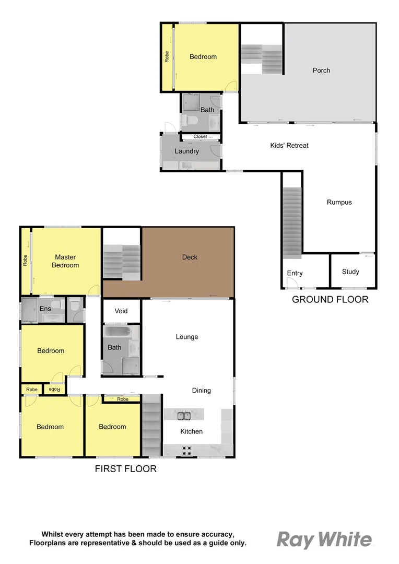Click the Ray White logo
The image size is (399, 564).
[324, 539]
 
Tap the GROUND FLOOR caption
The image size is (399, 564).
[330, 299]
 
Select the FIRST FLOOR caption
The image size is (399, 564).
[125, 468]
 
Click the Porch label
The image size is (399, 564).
[321, 70]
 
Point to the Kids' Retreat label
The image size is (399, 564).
[289, 145]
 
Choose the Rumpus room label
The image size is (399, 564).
[339, 202]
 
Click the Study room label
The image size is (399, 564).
[350, 272]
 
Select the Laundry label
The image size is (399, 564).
[186, 151]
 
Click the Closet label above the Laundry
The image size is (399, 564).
[200, 137]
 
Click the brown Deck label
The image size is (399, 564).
[190, 257]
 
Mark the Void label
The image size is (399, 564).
[121, 311]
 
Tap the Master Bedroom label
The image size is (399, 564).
[66, 261]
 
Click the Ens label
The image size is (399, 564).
[45, 309]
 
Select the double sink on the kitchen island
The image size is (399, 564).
[183, 416]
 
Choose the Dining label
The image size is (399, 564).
[202, 390]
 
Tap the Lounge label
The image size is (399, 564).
[187, 337]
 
